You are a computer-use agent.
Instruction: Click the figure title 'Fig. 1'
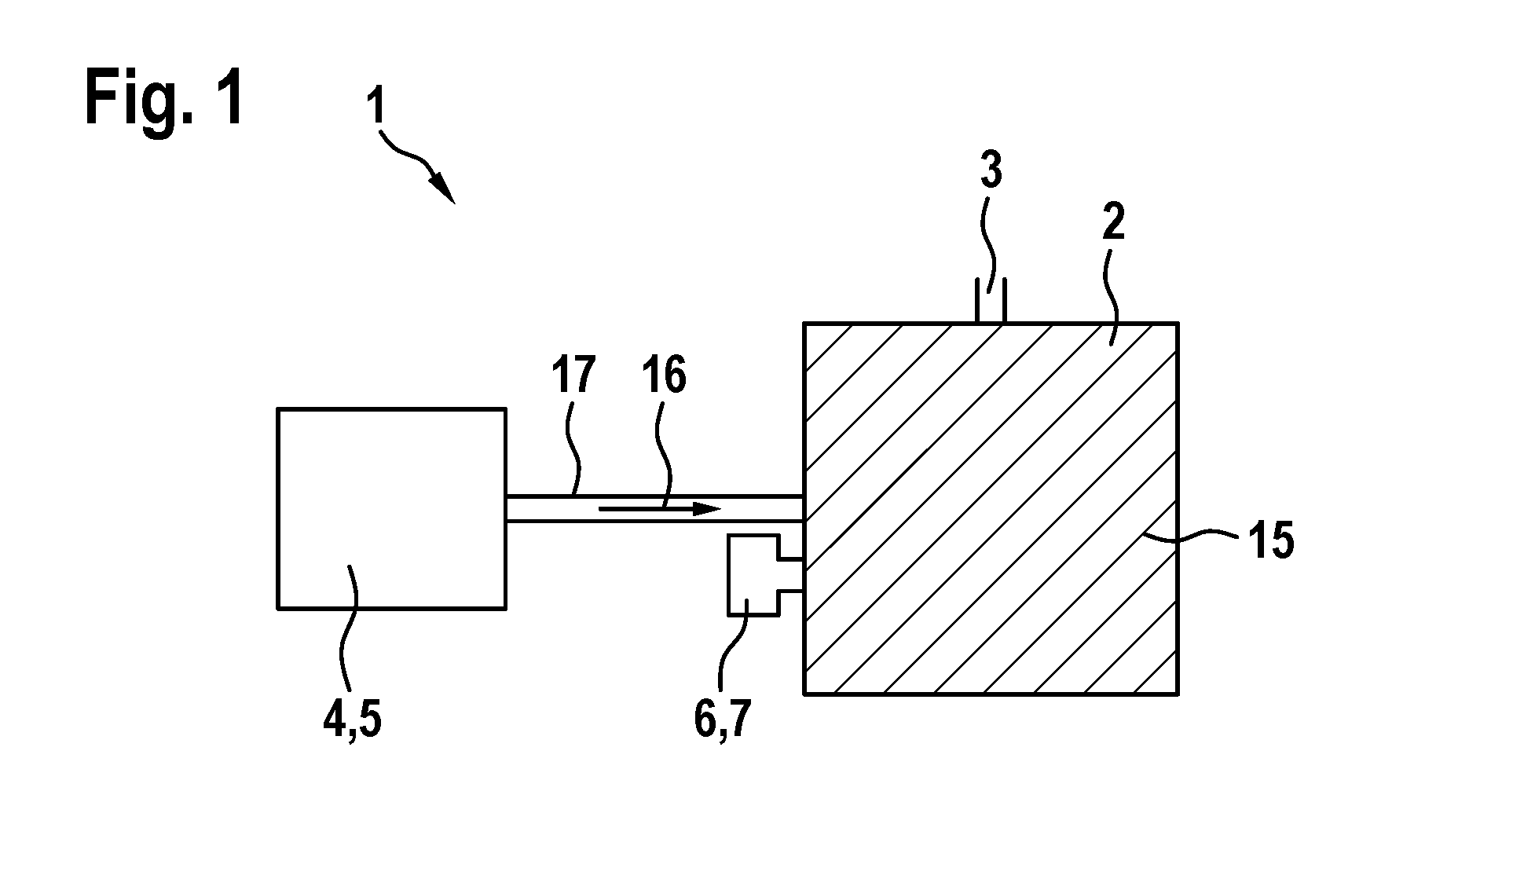(x=163, y=99)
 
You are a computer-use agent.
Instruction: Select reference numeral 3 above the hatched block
(x=991, y=171)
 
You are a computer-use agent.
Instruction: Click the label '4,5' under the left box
(x=352, y=721)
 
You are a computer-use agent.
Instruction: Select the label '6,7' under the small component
(x=723, y=721)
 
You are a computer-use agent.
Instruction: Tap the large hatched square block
(x=991, y=508)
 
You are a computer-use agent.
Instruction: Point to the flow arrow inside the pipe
(x=660, y=509)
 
